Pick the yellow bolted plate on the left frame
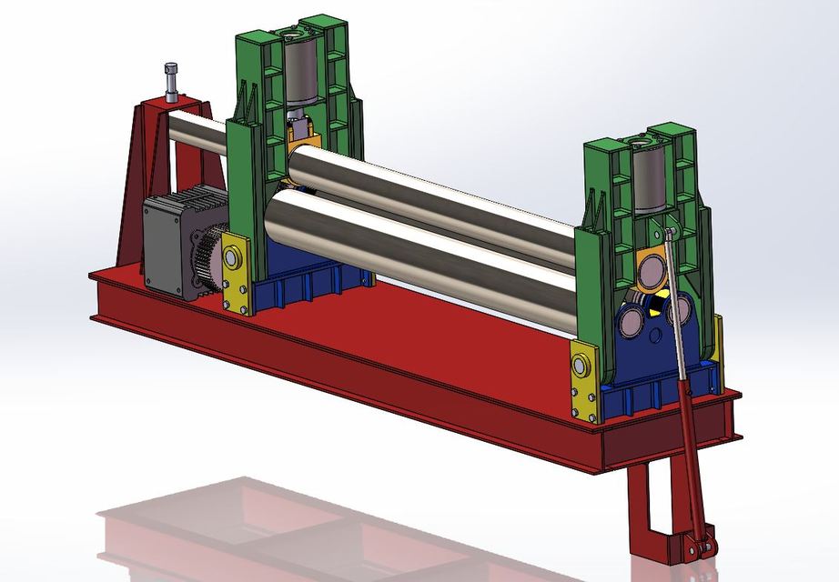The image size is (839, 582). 237,273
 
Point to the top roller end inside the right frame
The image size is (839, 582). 652,270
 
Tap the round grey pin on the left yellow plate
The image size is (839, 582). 232,259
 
